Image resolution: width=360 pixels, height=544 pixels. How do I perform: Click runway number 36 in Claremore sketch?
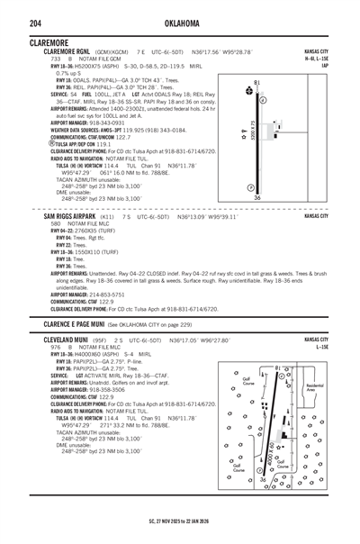coord(257,198)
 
